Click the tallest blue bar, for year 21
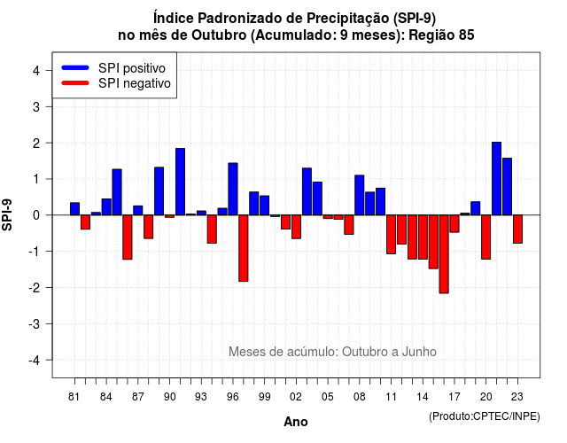(x=496, y=179)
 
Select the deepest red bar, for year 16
(x=444, y=254)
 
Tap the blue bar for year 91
(x=180, y=182)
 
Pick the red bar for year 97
(x=244, y=248)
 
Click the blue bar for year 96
(x=233, y=189)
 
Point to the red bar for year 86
(x=128, y=237)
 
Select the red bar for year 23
(x=517, y=229)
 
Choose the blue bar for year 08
(x=360, y=195)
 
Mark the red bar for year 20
(x=486, y=237)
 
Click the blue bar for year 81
(x=74, y=209)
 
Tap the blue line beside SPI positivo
(x=75, y=67)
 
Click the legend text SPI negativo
(x=135, y=83)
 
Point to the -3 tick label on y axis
(x=35, y=323)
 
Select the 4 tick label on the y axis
(x=36, y=71)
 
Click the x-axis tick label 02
(x=296, y=397)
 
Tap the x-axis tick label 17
(x=454, y=397)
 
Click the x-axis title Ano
(x=296, y=422)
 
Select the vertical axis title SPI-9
(x=7, y=214)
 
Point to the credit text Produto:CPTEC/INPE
(x=485, y=416)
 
